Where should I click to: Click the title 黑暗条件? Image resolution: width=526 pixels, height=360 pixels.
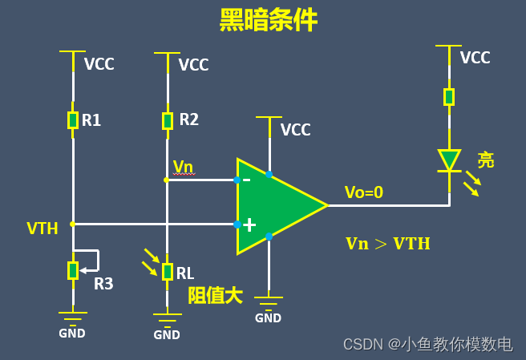click(268, 21)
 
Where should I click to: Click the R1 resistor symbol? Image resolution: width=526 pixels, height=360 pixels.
click(72, 120)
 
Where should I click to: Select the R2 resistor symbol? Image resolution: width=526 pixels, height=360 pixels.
click(167, 120)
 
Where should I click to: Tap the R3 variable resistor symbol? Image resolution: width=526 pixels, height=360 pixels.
click(72, 270)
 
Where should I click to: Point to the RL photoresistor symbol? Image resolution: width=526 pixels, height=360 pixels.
click(167, 271)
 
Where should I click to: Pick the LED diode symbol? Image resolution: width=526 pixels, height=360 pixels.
click(449, 160)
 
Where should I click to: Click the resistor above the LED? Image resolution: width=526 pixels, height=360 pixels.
click(449, 97)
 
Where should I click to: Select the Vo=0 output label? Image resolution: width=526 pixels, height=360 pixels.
click(364, 192)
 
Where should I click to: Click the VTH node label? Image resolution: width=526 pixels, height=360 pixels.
click(42, 229)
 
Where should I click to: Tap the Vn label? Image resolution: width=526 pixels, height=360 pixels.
click(184, 166)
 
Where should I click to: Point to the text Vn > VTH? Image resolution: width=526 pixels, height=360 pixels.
click(387, 244)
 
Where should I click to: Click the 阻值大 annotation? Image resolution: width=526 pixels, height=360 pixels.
click(215, 295)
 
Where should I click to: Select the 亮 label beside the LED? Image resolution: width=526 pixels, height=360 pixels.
click(486, 160)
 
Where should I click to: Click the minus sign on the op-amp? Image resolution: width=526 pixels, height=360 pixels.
click(246, 180)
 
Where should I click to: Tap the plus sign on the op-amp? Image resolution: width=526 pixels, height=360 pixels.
click(249, 225)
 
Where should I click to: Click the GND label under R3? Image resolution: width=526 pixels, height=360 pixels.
click(72, 334)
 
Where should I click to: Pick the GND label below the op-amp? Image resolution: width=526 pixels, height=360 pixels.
click(268, 318)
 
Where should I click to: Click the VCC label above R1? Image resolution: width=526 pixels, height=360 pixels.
click(99, 65)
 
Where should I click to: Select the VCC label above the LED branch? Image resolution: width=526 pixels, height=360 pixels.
click(475, 58)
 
